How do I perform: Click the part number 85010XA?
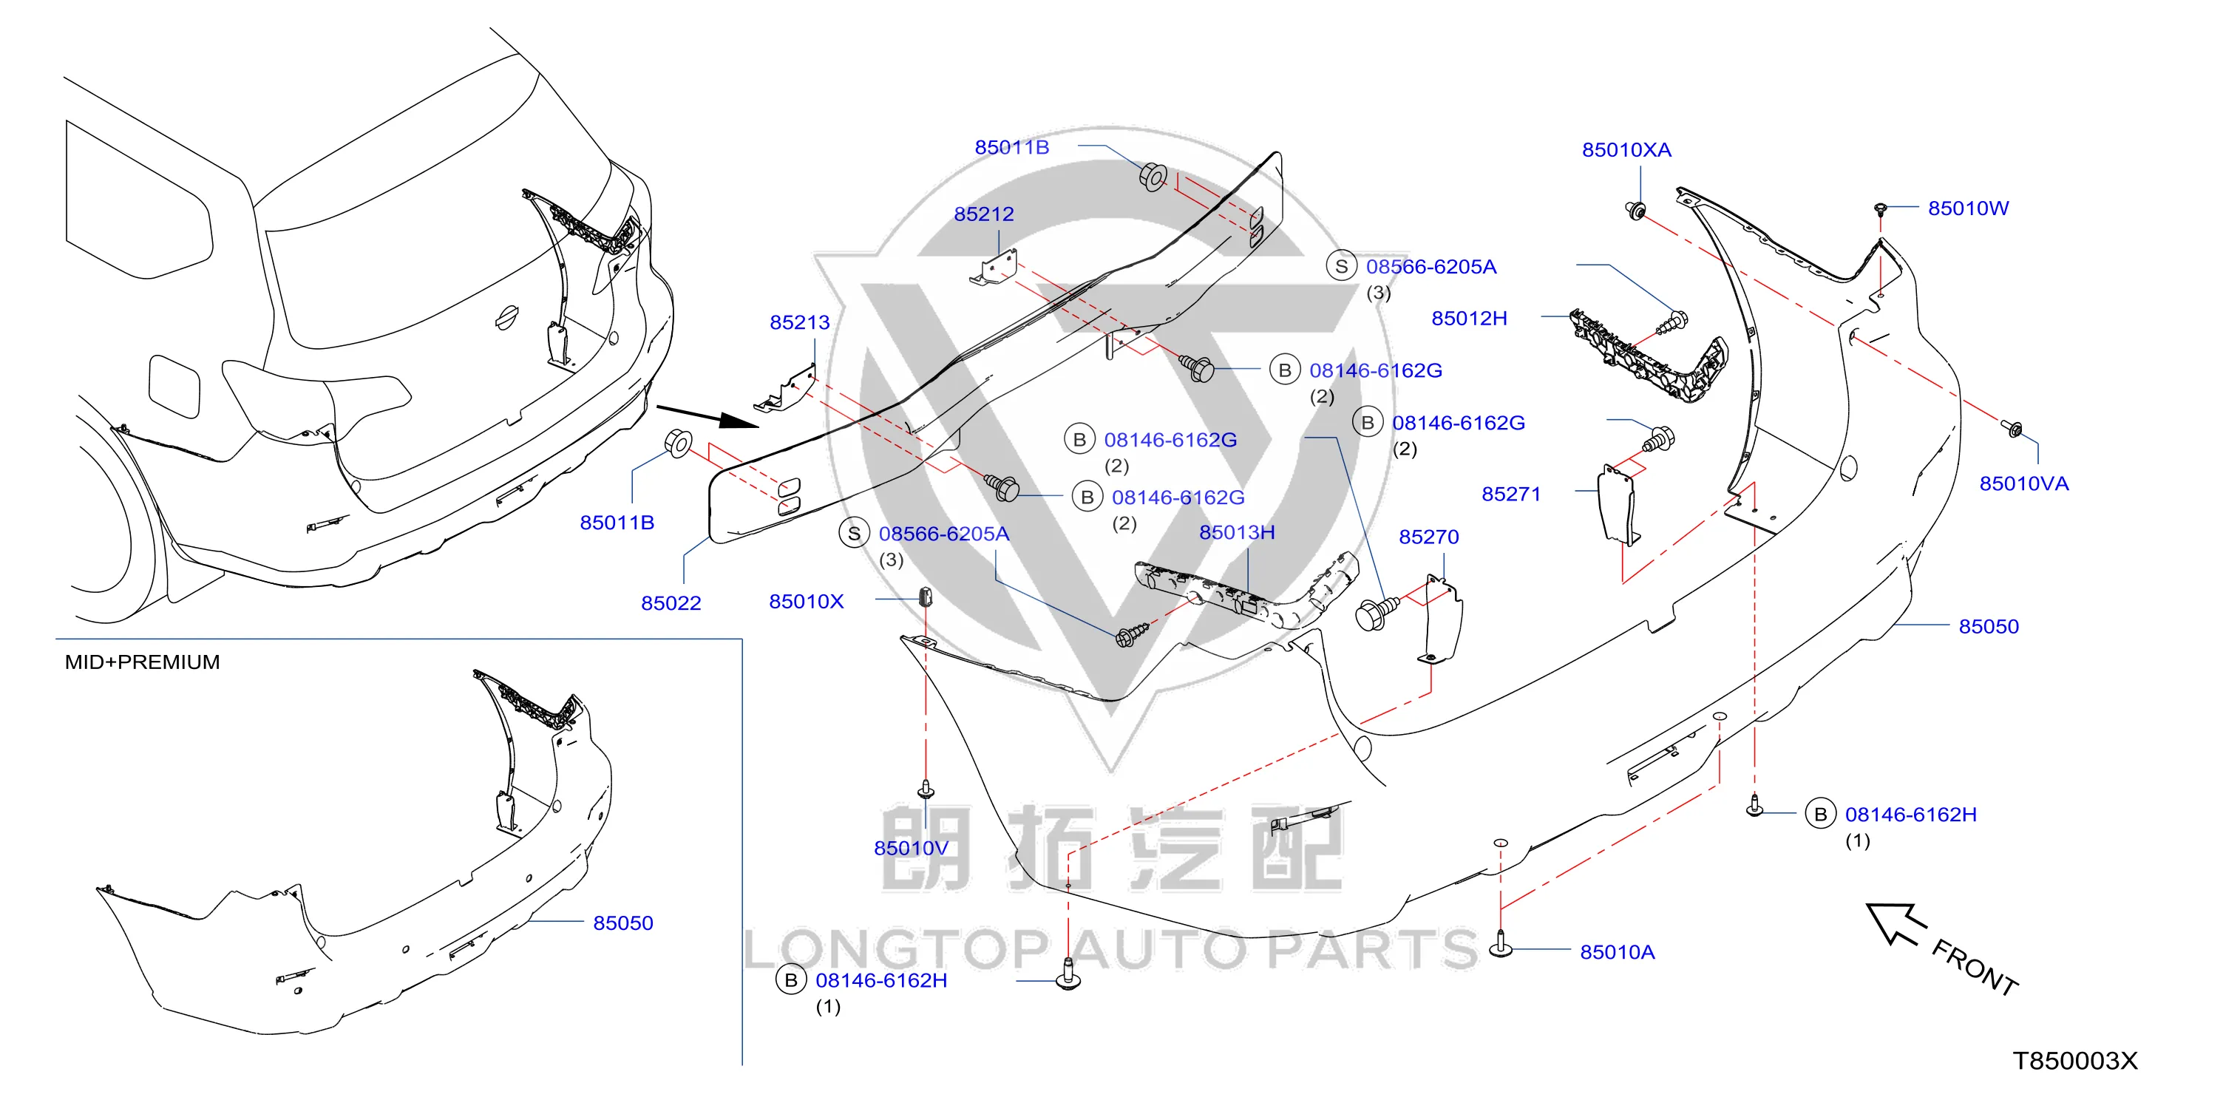pyautogui.click(x=1626, y=150)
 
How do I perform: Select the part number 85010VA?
pyautogui.click(x=2023, y=483)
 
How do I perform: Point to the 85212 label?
pyautogui.click(x=984, y=214)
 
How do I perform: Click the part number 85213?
pyautogui.click(x=799, y=322)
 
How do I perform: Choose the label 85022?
pyautogui.click(x=671, y=603)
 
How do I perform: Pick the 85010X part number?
pyautogui.click(x=806, y=602)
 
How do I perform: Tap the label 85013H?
pyautogui.click(x=1237, y=532)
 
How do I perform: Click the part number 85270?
pyautogui.click(x=1428, y=537)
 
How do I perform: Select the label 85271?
pyautogui.click(x=1511, y=494)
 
